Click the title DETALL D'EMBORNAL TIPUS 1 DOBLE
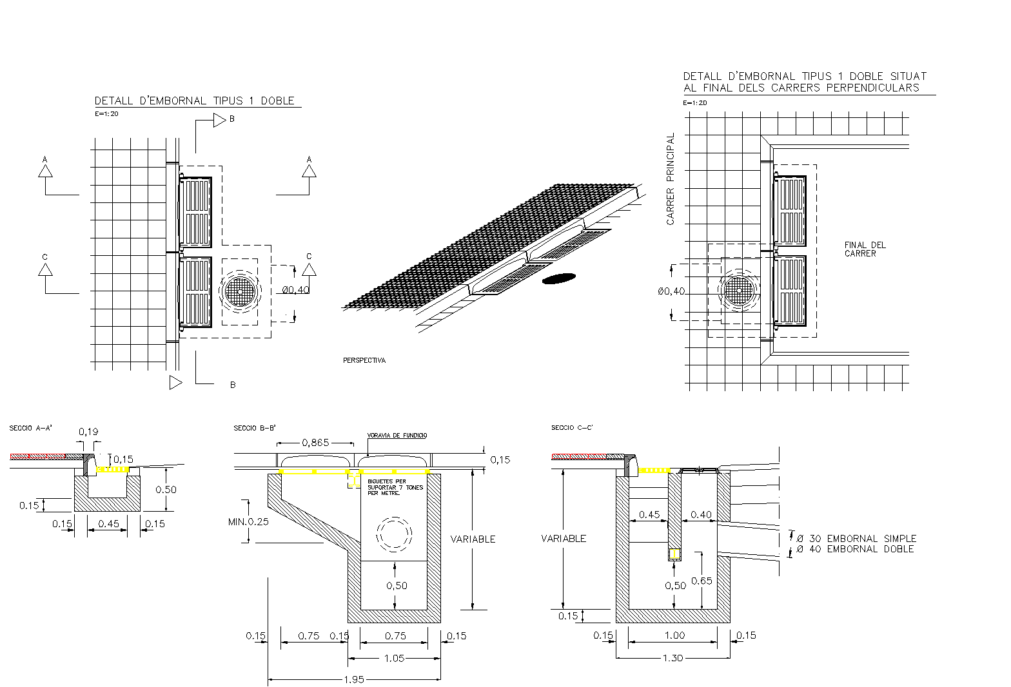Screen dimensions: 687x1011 coord(194,101)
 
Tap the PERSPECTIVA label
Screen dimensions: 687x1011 coord(364,361)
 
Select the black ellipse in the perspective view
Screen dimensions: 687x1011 coord(559,278)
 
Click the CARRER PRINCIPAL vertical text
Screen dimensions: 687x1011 coord(671,179)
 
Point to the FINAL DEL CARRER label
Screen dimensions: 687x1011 coord(865,249)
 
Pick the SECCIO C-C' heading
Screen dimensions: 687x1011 coord(572,428)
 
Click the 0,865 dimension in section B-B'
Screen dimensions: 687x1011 coord(315,443)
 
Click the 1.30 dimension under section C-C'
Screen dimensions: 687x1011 coord(673,658)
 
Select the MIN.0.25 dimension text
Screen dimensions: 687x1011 coord(248,521)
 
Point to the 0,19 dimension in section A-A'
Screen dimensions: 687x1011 coord(88,432)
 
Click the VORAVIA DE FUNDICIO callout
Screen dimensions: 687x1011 coord(397,436)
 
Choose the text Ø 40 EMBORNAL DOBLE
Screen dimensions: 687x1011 coord(855,549)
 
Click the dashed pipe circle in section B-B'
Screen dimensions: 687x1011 coord(394,534)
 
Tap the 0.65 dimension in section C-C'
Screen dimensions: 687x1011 coord(702,581)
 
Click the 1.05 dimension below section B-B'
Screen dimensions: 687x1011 coord(394,658)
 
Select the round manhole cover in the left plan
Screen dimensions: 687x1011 coord(240,291)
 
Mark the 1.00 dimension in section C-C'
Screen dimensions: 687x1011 coord(674,635)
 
